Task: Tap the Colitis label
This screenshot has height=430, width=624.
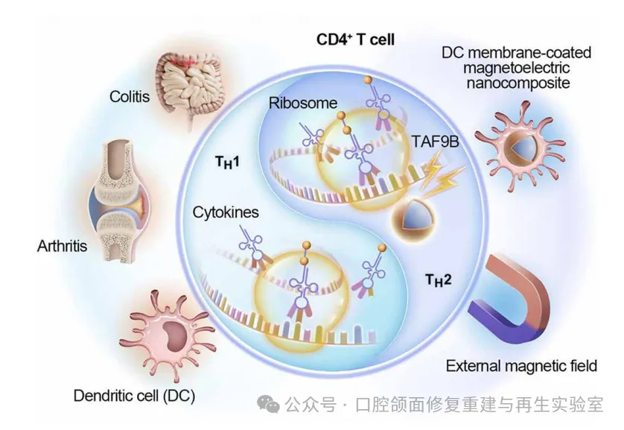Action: click(130, 96)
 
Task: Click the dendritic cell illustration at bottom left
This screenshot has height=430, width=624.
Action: click(165, 334)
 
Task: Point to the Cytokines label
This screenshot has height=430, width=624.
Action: click(226, 212)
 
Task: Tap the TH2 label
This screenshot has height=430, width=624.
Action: click(439, 280)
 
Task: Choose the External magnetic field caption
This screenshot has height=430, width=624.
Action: click(521, 366)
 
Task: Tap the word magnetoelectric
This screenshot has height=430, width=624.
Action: click(516, 68)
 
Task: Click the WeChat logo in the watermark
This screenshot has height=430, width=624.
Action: click(270, 404)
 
